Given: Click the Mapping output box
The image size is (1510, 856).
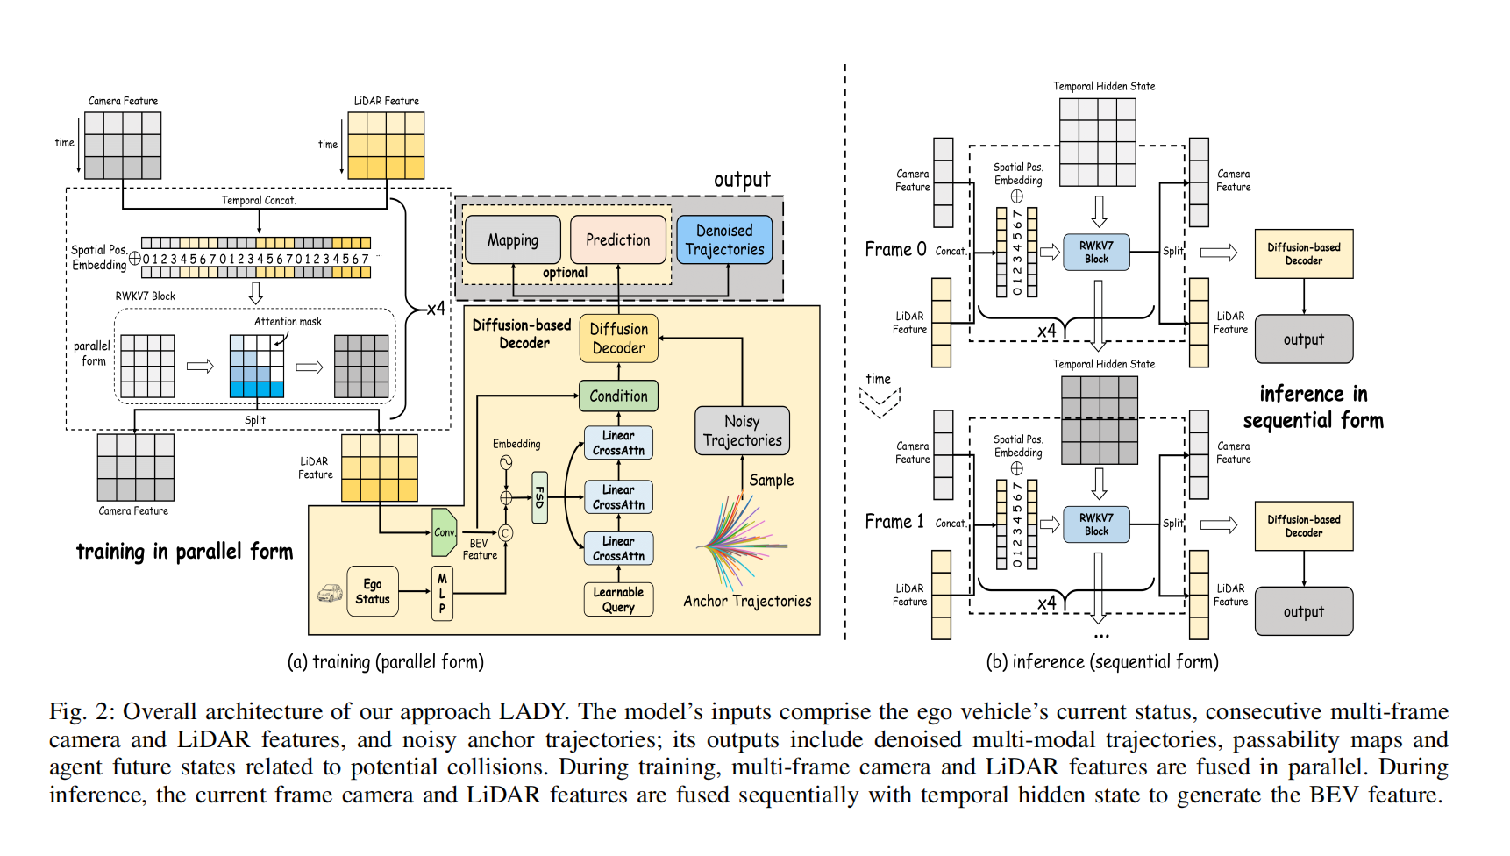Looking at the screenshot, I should click(x=513, y=239).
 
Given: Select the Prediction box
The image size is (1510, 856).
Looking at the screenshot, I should click(x=617, y=239).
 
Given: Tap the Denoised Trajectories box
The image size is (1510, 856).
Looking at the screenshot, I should click(x=724, y=239).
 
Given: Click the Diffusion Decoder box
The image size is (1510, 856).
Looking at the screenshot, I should click(x=618, y=339).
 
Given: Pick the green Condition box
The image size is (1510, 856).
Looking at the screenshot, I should click(x=618, y=396).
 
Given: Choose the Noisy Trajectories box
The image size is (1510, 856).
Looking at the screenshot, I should click(x=742, y=431).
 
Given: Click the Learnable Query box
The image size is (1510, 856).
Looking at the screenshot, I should click(x=618, y=599).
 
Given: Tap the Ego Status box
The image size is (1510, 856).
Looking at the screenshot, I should click(x=373, y=591).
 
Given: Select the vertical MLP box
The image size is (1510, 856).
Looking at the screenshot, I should click(x=442, y=593).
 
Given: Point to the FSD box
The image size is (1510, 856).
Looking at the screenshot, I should click(x=540, y=497).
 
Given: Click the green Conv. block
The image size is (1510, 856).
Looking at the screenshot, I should click(x=445, y=532).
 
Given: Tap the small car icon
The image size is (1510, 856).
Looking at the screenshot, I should click(x=330, y=594).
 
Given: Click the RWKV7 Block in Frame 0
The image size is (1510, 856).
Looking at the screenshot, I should click(x=1096, y=253).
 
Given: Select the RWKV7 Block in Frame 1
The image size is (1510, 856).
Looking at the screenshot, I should click(x=1096, y=524).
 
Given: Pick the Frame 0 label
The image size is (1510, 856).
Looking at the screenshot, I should click(x=895, y=249).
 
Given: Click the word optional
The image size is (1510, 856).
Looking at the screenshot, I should click(x=565, y=273).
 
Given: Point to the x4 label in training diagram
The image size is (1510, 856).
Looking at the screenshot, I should click(x=436, y=309).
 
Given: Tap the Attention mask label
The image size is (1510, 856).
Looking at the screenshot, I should click(x=288, y=322).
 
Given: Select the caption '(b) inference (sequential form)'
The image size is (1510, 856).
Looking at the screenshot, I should click(x=1102, y=662).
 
